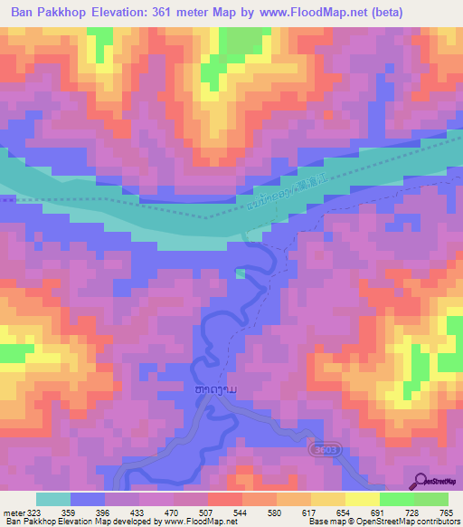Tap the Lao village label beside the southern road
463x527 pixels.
click(x=216, y=389)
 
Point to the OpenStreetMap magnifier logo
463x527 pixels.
click(x=420, y=483)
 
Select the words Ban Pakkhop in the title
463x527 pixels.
click(x=46, y=12)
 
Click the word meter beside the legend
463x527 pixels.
click(x=14, y=513)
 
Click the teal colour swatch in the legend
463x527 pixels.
click(x=53, y=500)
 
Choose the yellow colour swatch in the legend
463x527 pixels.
click(x=327, y=500)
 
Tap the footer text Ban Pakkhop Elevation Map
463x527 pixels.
click(x=54, y=522)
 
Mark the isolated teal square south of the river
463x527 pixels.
click(x=240, y=273)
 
